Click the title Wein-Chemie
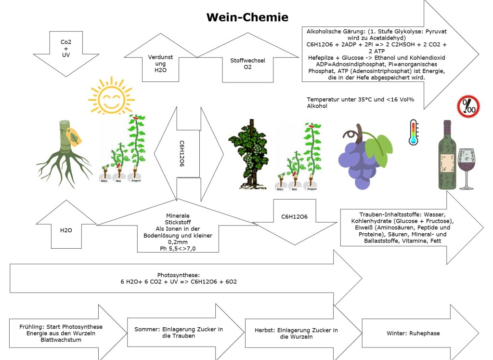tap(247, 18)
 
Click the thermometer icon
tap(413, 132)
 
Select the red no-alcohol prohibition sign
tap(467, 107)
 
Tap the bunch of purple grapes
tap(361, 154)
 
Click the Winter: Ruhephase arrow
tap(413, 333)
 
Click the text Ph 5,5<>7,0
tap(178, 249)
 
